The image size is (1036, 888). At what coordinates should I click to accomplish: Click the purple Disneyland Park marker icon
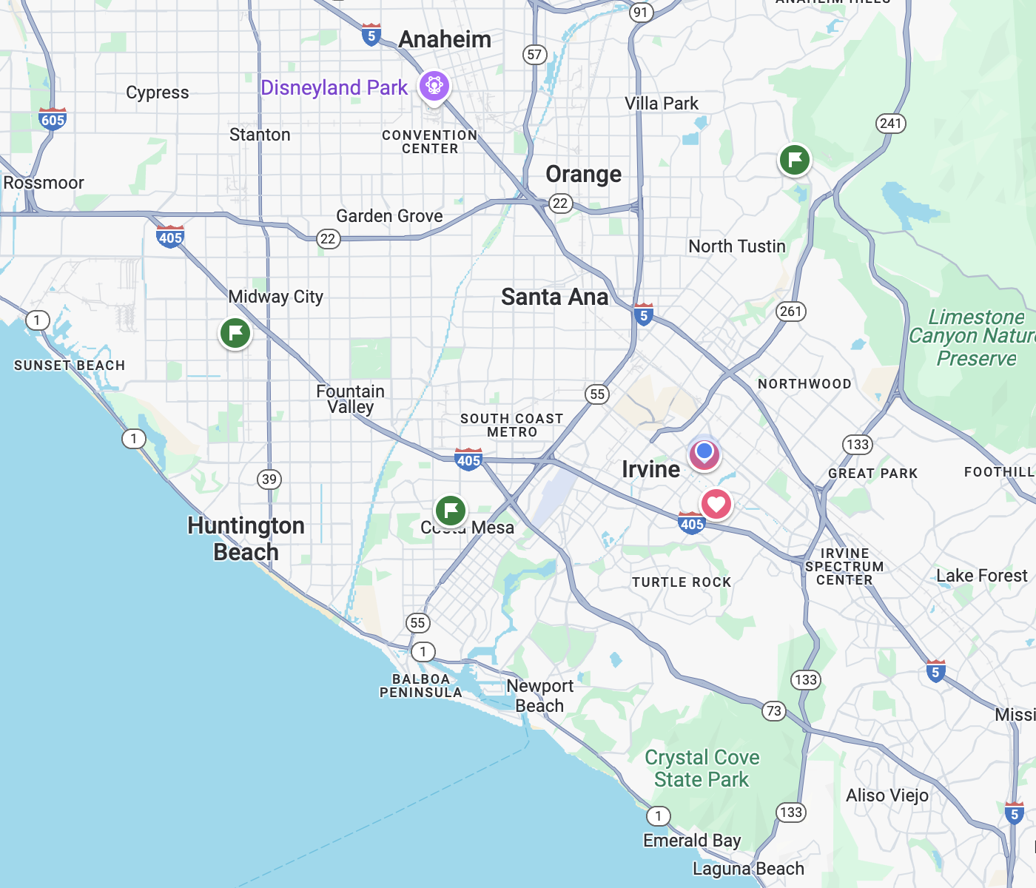coord(434,87)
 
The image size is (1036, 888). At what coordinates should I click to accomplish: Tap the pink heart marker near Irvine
coord(716,505)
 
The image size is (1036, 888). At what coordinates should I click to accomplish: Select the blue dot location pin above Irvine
coord(704,452)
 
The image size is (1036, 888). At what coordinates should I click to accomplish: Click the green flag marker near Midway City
coord(235,333)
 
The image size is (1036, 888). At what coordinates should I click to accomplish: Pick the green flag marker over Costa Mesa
coord(450,510)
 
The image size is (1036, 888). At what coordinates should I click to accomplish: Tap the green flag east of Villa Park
coord(795,160)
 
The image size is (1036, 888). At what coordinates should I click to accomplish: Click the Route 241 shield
coord(890,124)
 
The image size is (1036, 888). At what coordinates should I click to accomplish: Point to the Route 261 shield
coord(790,312)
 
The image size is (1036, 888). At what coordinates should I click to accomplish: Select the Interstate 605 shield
coord(53,119)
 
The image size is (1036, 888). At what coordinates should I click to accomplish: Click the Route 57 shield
coord(534,55)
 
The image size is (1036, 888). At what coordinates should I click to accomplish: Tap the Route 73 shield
coord(773,711)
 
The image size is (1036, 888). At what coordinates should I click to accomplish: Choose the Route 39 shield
coord(269,479)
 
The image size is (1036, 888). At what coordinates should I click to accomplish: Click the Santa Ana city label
coord(554,297)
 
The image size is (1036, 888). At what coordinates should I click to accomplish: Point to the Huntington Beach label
coord(246,539)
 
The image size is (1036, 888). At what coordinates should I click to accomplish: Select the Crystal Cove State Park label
coord(702,769)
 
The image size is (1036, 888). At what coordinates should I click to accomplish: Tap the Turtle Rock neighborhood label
coord(682,582)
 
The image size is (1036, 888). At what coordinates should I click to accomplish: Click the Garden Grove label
coord(389,216)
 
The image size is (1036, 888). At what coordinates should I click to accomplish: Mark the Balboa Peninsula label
coord(420,686)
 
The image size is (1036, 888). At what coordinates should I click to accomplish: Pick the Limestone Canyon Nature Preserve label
coord(975,338)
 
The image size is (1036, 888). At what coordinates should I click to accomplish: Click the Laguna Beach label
coord(748,869)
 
